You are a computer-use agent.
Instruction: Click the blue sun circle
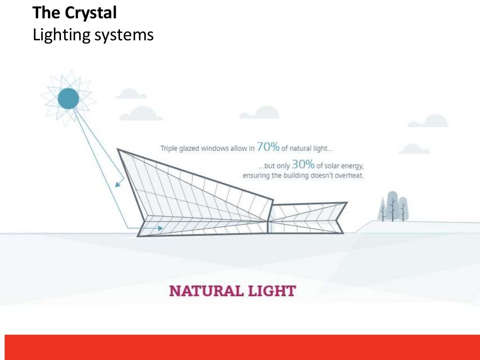point(68,98)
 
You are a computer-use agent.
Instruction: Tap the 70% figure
point(268,147)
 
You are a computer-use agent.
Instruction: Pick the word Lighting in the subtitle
point(54,35)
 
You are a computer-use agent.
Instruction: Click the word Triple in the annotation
point(169,149)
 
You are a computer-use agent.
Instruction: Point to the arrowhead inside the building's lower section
point(160,228)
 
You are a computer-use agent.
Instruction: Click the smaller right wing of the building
point(307,217)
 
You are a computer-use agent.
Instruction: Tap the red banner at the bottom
point(240,347)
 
